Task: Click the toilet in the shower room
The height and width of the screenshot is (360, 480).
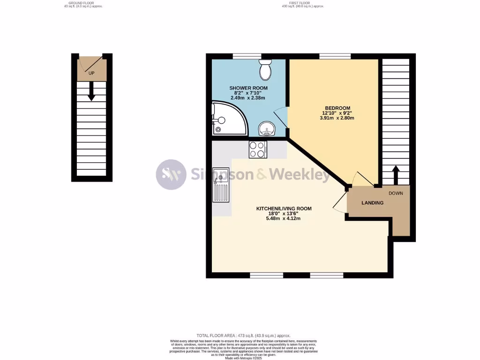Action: coord(265,70)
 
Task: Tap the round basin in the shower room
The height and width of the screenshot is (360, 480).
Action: coord(268,127)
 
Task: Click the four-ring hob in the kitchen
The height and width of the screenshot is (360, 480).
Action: coord(257,150)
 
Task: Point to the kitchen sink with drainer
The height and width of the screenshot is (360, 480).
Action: coord(221,185)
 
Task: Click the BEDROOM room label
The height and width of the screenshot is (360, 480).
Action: coord(337,108)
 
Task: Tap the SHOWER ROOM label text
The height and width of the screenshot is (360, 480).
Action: coord(248,88)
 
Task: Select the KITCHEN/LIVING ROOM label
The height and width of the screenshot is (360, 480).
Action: coord(284,209)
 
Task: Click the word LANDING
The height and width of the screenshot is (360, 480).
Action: coord(373,203)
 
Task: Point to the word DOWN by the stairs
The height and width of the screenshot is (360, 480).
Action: coord(396,193)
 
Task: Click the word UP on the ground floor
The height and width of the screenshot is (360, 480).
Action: coord(91,73)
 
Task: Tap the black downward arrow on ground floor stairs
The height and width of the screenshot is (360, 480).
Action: coord(91,91)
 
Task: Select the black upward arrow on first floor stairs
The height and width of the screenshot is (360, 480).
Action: coord(395,175)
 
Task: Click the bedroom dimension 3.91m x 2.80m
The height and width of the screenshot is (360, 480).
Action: coord(337,118)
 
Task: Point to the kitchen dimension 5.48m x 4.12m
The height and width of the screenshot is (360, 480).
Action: coord(284,218)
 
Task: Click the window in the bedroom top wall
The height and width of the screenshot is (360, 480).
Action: coord(335,56)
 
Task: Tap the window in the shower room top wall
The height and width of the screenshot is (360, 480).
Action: coord(247,56)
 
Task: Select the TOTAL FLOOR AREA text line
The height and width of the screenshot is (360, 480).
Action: coord(243,336)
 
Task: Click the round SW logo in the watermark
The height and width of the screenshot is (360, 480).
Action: coord(171,175)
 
